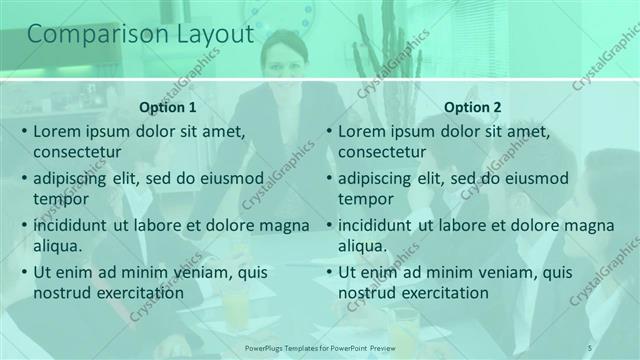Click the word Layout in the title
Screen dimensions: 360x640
[x=208, y=35]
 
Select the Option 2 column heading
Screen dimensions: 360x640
[x=473, y=107]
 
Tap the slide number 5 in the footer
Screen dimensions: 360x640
[x=590, y=346]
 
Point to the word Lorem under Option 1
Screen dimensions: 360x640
[x=58, y=131]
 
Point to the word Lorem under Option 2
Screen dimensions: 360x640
[x=363, y=131]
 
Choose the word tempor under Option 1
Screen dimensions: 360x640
[x=59, y=199]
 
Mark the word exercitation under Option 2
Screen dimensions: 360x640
[x=446, y=293]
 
